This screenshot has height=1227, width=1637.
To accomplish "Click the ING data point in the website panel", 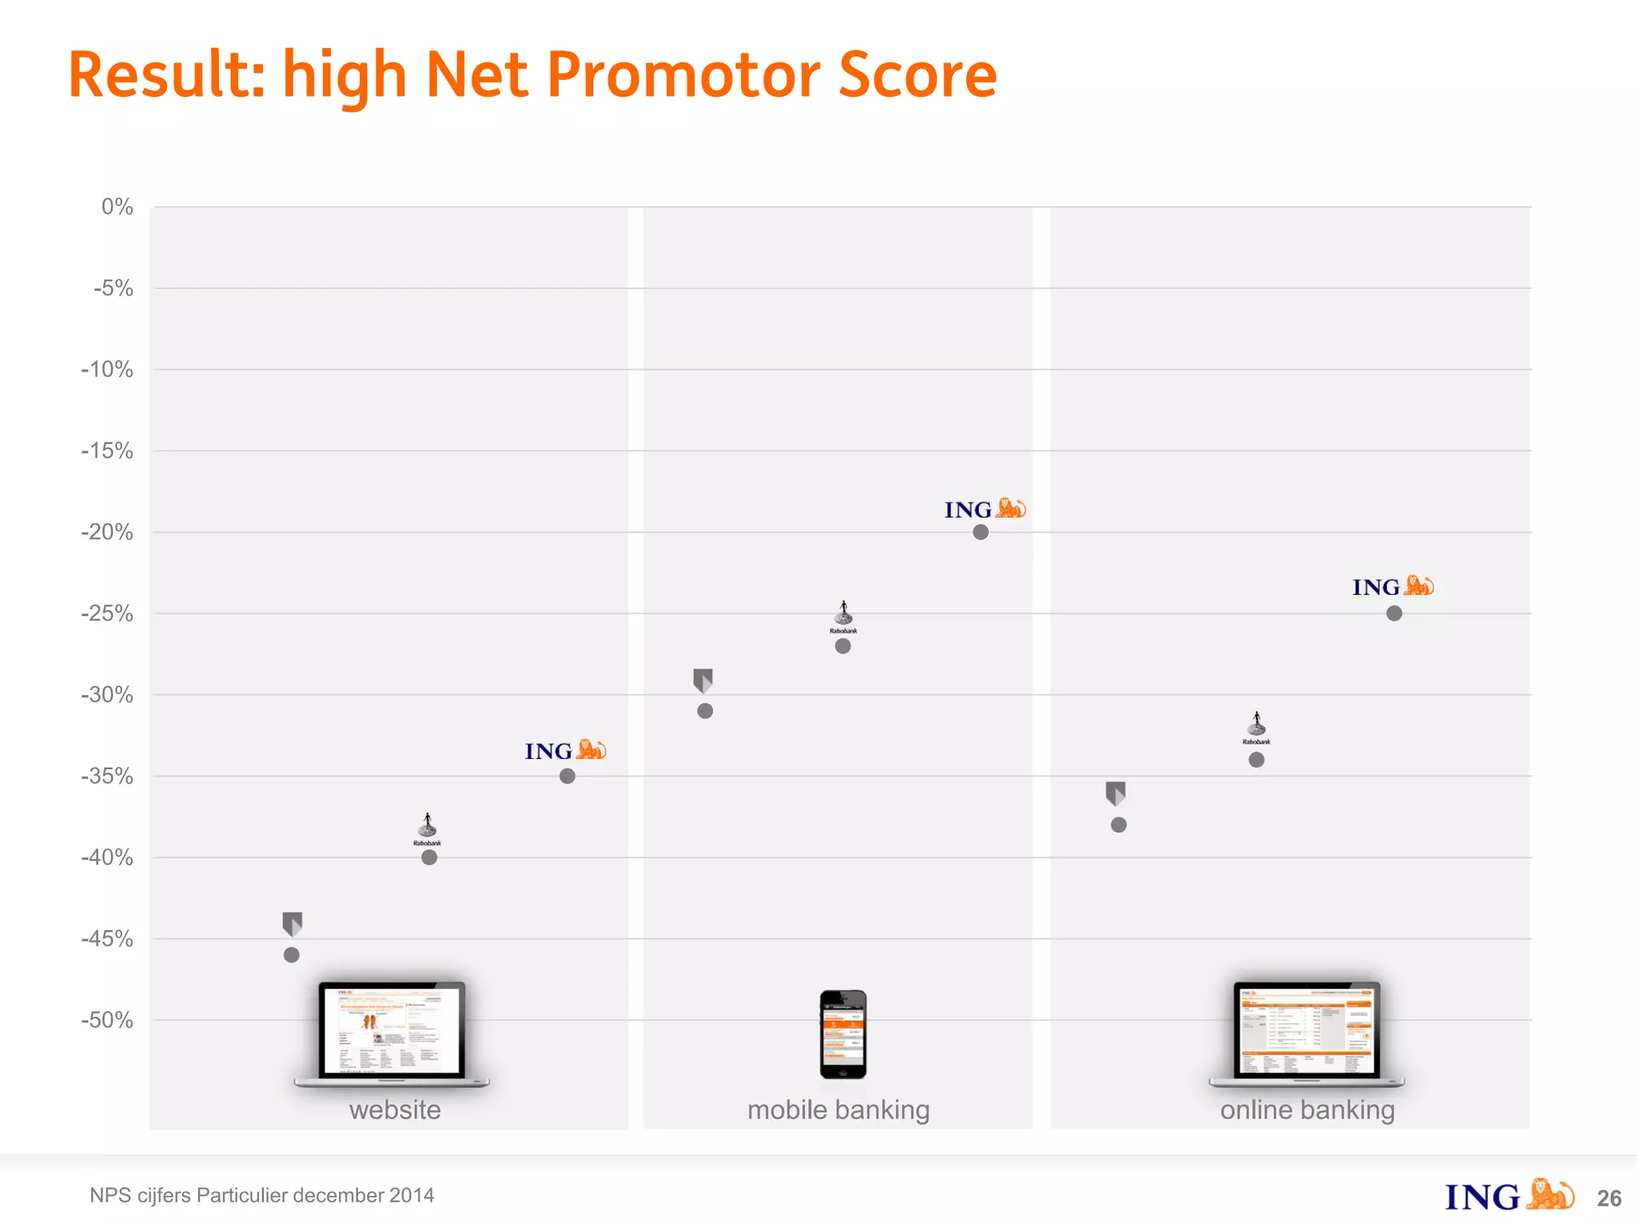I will [x=567, y=776].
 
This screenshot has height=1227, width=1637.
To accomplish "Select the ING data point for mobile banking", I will [x=981, y=532].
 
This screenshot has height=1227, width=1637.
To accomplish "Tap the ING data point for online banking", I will [x=1394, y=613].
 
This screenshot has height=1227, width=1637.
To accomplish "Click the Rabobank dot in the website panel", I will [x=429, y=857].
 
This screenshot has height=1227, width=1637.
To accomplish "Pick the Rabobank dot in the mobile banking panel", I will [x=842, y=646].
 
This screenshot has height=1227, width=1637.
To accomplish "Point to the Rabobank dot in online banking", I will [x=1257, y=760].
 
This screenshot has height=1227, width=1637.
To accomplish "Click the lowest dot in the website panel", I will [x=292, y=955].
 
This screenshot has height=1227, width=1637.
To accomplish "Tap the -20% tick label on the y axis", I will [x=107, y=532].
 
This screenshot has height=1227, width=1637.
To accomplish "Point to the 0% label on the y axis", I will [x=117, y=207].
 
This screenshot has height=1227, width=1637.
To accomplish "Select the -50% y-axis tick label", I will [x=107, y=1020].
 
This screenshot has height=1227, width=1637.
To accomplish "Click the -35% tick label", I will [x=107, y=776].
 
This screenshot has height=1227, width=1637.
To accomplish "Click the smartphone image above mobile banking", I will [x=842, y=1034].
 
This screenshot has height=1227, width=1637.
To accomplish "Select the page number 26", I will [x=1609, y=1198].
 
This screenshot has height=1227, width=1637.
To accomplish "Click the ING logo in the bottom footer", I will [x=1508, y=1196].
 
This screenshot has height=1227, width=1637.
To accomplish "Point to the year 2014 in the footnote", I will [x=411, y=1195].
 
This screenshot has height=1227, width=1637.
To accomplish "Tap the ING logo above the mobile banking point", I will [x=984, y=509].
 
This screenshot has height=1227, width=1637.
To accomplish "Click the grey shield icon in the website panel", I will [x=293, y=923].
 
